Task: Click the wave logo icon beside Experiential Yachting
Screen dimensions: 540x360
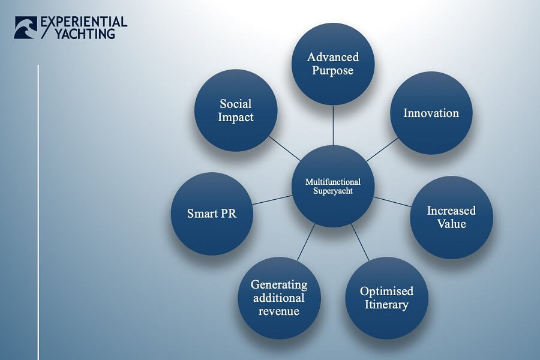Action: coord(25,28)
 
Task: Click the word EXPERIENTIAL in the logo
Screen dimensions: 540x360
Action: coord(83,22)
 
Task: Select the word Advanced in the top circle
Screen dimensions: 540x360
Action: coord(333,57)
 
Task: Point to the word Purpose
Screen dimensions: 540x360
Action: coord(333,70)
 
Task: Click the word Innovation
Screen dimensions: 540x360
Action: coord(431,113)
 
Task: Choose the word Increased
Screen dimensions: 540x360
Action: coord(451,211)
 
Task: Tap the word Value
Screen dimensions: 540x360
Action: coord(451,224)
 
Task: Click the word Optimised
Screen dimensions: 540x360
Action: coord(386,292)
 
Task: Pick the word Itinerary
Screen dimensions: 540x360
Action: coord(386,305)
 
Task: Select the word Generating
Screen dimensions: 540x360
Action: coord(279,284)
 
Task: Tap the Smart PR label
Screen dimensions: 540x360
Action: coord(211,214)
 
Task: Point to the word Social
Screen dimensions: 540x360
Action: coord(235,104)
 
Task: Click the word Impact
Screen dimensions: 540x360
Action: coord(235,117)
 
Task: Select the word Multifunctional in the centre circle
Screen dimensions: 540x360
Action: coord(332,182)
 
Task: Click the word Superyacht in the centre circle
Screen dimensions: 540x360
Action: coord(332,191)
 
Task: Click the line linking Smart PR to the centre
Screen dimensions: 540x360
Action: coord(272,200)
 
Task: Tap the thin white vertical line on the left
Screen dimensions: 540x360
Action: coord(38,210)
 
